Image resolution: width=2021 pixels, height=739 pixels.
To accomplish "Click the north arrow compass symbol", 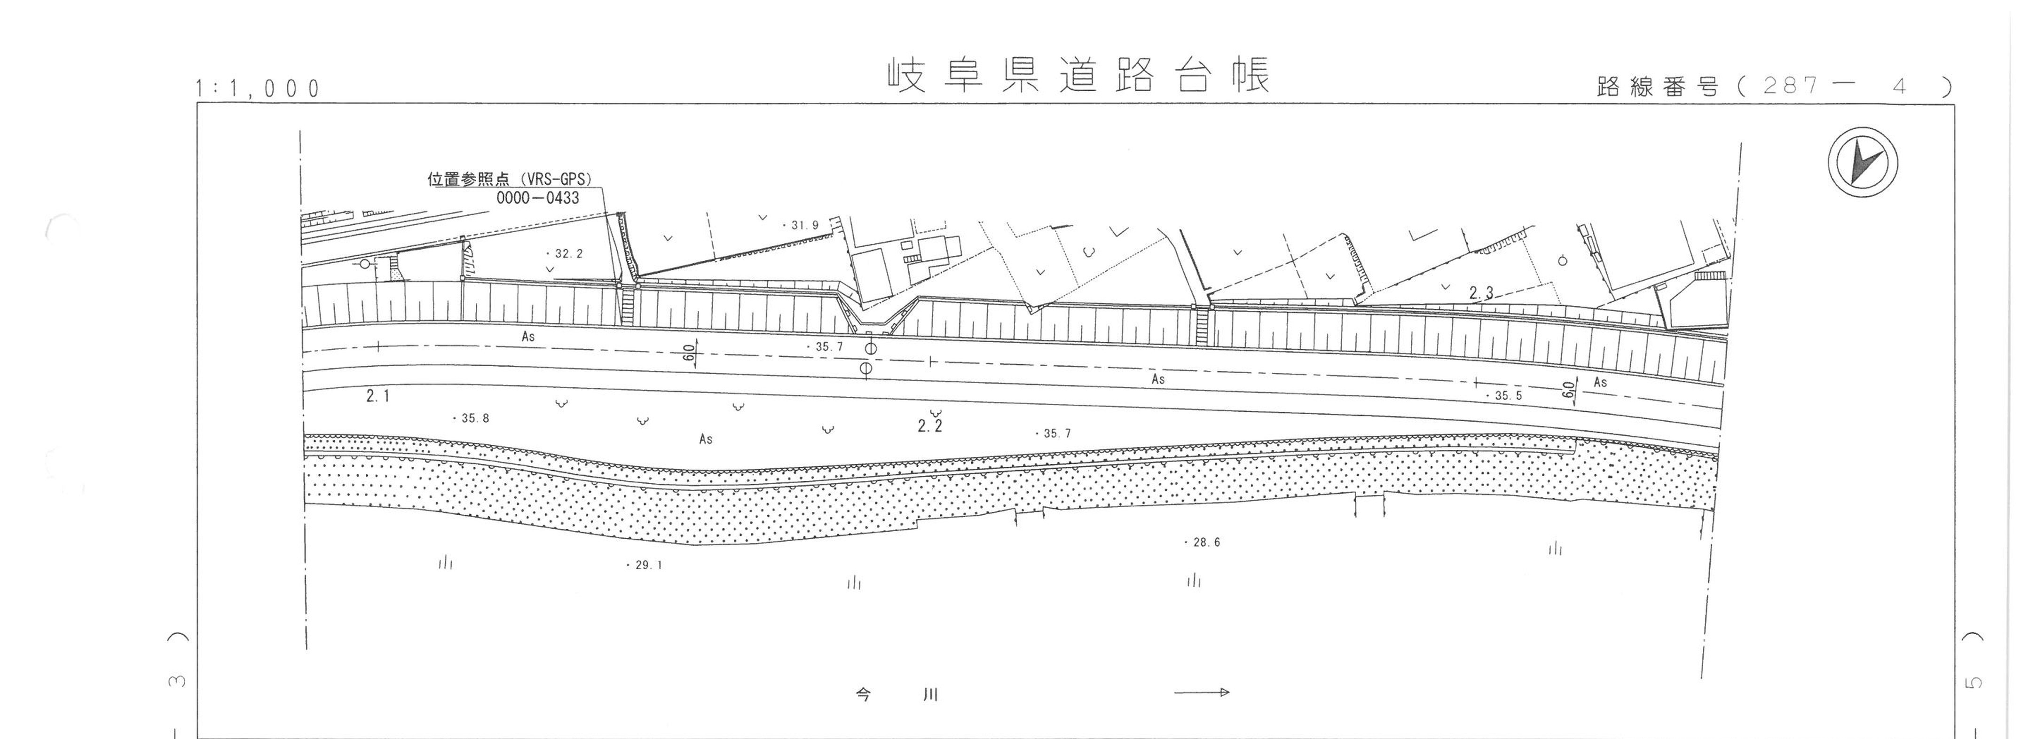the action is tap(1863, 162).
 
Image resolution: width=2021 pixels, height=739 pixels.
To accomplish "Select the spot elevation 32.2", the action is tap(566, 253).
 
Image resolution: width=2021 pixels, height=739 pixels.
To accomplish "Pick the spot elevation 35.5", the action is tap(1505, 396).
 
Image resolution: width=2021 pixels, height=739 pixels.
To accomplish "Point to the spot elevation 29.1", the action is tap(645, 565).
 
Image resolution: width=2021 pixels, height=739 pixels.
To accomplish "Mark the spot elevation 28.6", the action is tap(1203, 542).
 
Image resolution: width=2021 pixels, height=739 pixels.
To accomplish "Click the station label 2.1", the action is tap(377, 396).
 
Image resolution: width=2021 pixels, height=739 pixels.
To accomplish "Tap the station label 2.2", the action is tap(930, 426).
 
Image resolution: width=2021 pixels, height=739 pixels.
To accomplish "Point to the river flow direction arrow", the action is tap(1201, 692).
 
